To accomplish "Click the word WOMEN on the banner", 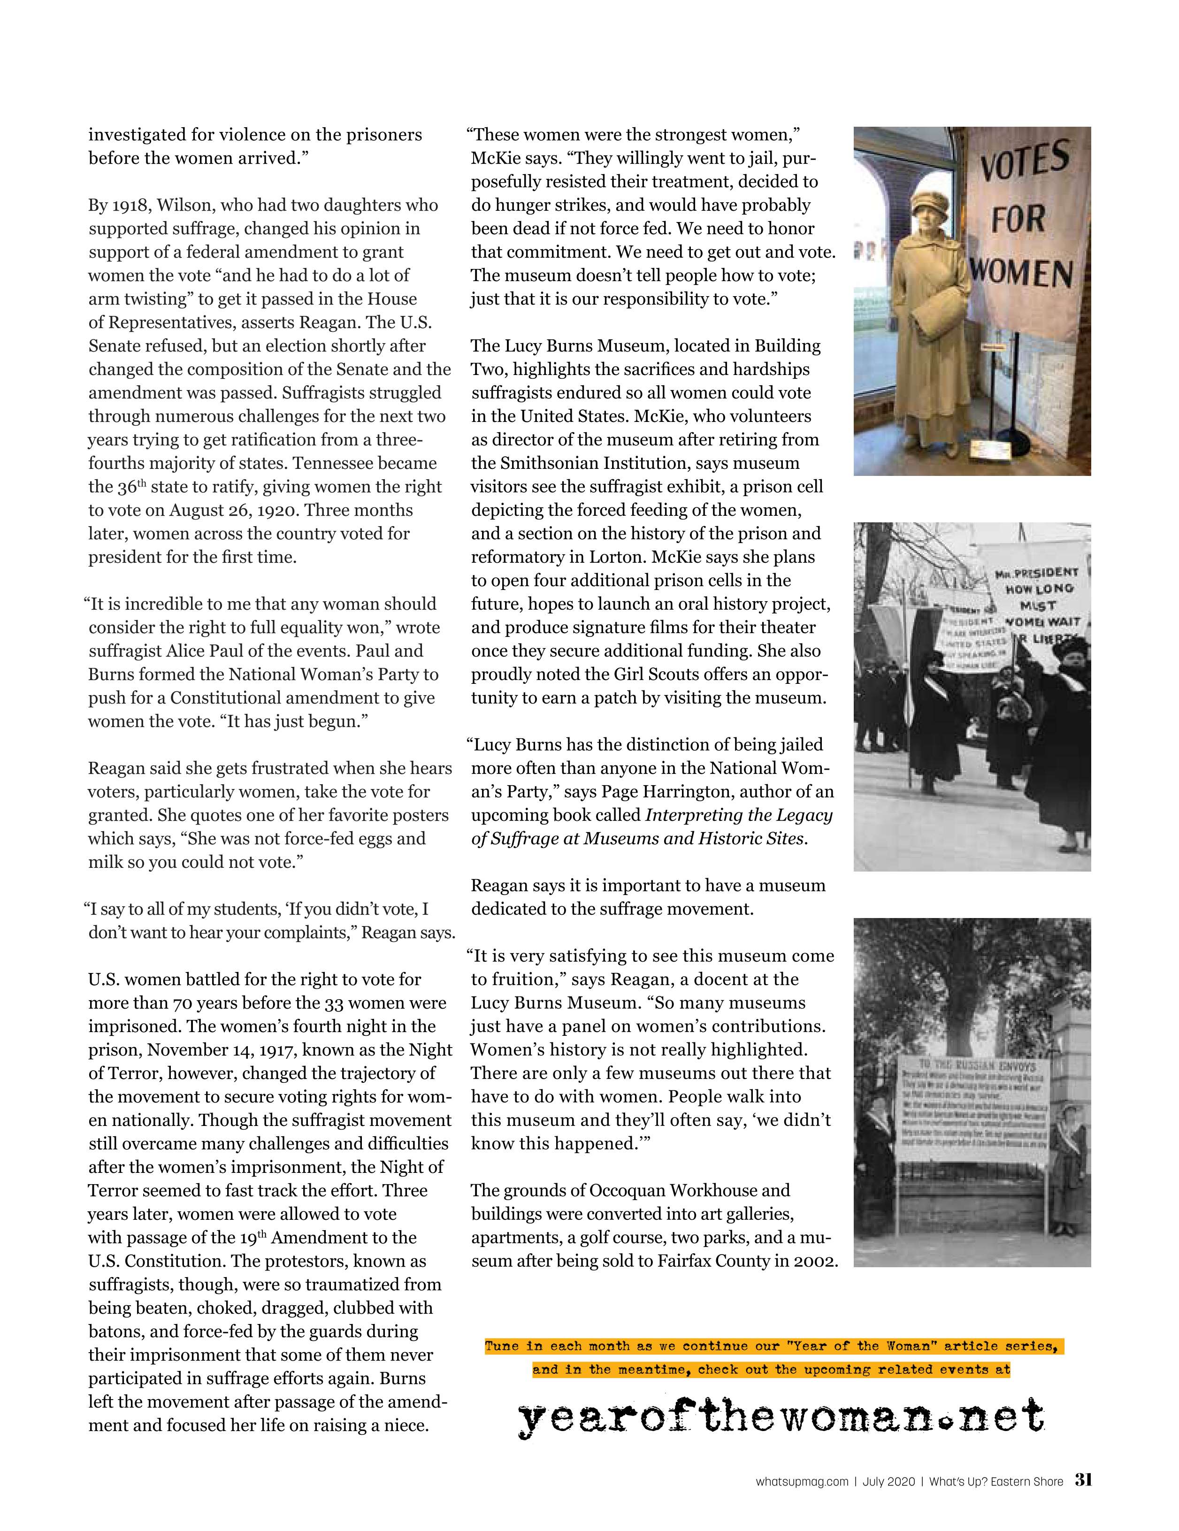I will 1022,273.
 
